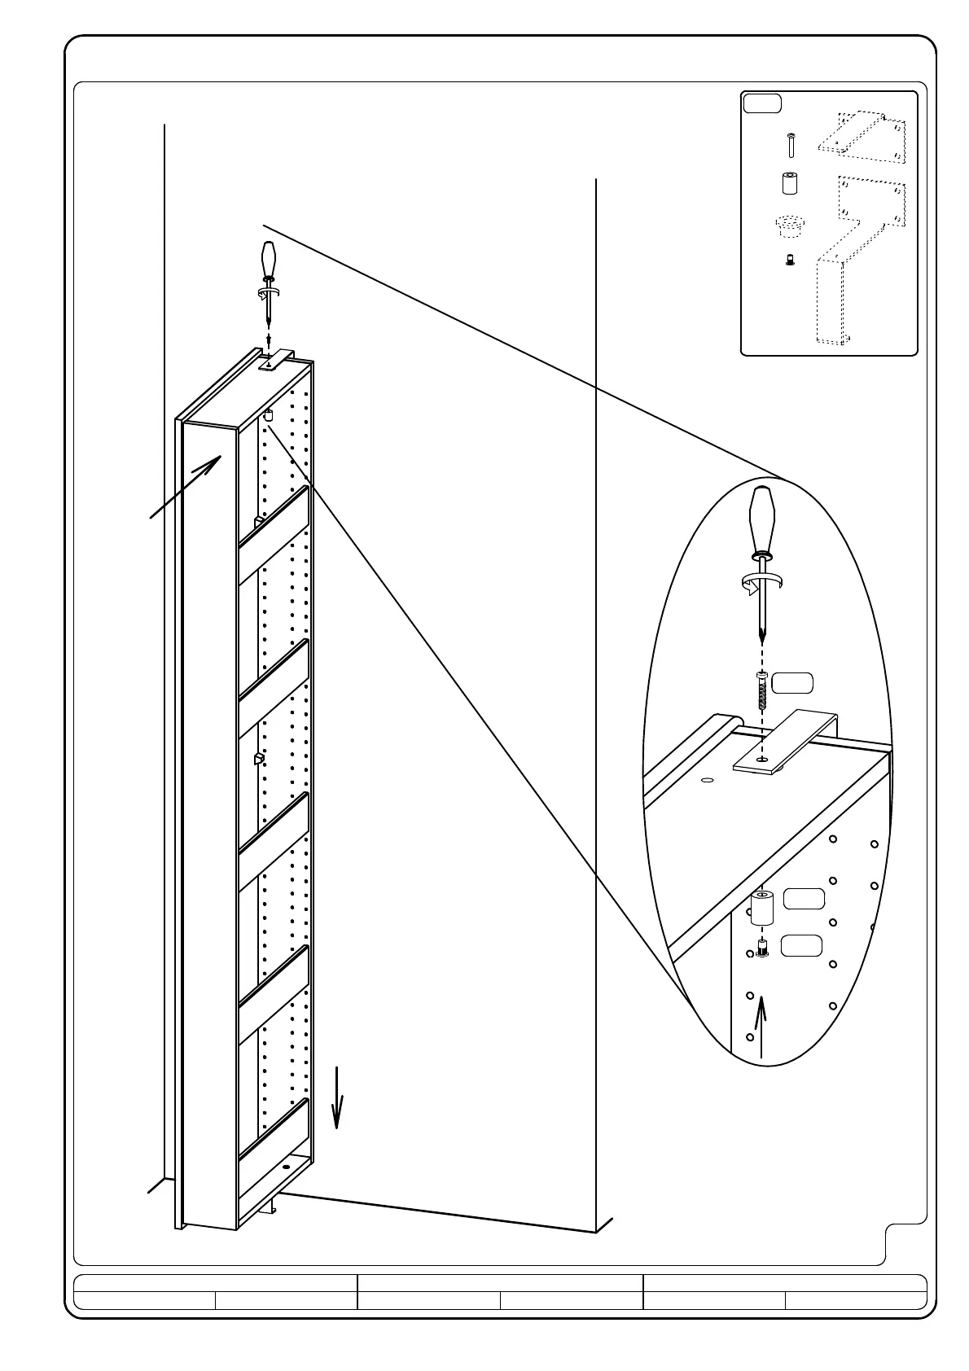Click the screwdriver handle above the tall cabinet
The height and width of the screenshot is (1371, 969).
point(268,261)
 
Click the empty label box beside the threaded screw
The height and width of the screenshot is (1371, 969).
point(792,683)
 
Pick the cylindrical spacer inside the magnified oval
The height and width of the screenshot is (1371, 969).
point(761,908)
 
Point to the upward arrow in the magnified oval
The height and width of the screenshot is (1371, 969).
point(761,1026)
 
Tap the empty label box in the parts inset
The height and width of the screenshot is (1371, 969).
point(762,103)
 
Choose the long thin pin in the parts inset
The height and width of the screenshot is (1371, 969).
point(789,145)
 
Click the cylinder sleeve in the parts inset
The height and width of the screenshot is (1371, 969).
point(789,182)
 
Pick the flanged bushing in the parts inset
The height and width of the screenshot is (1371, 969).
point(788,225)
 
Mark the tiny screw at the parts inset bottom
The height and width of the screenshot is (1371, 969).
point(789,261)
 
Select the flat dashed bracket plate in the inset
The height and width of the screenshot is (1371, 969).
point(862,134)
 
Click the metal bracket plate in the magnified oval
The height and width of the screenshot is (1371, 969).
point(784,741)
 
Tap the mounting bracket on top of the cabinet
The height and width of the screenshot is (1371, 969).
point(276,360)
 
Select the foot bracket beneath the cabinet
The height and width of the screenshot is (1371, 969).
point(270,1208)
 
